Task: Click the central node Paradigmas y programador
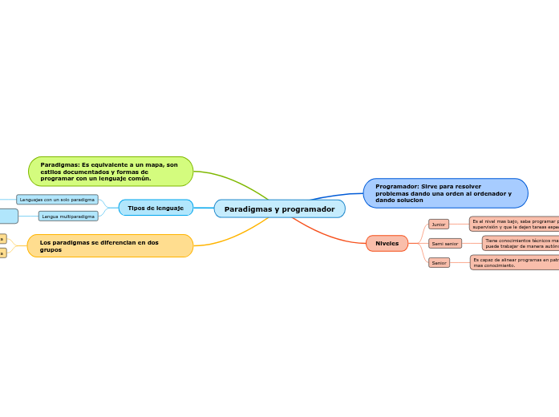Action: coord(279,209)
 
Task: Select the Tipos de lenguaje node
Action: coord(156,208)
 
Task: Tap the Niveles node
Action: coord(387,243)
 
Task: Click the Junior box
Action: coord(439,225)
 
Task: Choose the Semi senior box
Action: coord(445,243)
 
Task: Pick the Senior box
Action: coord(439,262)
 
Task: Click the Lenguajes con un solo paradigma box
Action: coord(57,199)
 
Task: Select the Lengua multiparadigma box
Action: coord(68,216)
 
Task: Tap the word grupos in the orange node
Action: coord(51,250)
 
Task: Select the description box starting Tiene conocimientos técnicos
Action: coord(521,243)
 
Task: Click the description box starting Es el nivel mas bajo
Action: coord(514,224)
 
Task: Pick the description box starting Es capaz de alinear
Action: coord(514,262)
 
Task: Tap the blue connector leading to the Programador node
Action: coord(337,195)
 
